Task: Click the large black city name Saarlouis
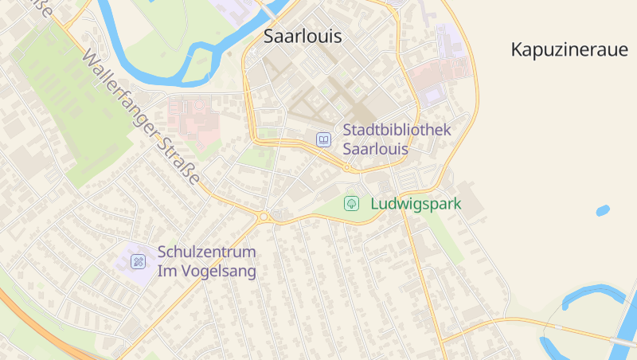[x=302, y=37]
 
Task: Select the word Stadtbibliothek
[x=397, y=130]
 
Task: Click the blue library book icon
[x=323, y=139]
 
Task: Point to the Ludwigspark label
[x=416, y=204]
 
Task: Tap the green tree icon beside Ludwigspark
[x=351, y=204]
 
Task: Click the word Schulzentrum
[x=207, y=252]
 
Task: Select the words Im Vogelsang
[x=207, y=272]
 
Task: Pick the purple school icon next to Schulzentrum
[x=139, y=261]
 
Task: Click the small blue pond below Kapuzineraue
[x=603, y=211]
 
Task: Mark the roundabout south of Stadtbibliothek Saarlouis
[x=347, y=167]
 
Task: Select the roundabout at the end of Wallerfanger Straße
[x=264, y=216]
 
